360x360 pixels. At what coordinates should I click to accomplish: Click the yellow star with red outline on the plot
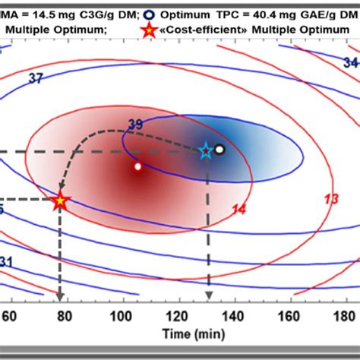[x=61, y=201]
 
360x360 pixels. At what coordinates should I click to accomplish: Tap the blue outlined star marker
[x=205, y=152]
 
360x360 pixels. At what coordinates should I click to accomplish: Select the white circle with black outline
[x=219, y=150]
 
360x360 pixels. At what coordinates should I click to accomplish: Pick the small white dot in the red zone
[x=137, y=166]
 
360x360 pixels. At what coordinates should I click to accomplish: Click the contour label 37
[x=36, y=77]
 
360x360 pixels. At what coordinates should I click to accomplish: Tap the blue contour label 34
[x=351, y=62]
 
